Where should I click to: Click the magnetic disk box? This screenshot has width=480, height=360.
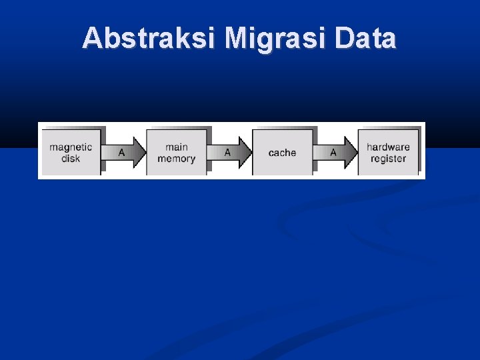(x=71, y=153)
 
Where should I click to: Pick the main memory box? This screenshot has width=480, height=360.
(x=176, y=153)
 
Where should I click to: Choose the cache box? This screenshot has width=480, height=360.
(x=282, y=153)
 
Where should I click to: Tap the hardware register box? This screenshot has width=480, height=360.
(x=388, y=153)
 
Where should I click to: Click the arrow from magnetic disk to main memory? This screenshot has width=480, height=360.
(x=125, y=153)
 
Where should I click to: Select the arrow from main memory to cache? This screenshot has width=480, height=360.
(x=230, y=153)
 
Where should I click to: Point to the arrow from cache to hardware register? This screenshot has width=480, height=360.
(x=336, y=153)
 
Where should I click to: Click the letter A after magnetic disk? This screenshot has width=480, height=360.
(x=121, y=153)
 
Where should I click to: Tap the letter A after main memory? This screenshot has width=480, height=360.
(x=227, y=153)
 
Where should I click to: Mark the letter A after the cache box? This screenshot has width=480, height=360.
(x=333, y=153)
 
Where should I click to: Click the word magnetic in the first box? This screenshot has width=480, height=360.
(x=71, y=147)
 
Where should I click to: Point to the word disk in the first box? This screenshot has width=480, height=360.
(x=71, y=159)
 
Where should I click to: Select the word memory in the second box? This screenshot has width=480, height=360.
(x=176, y=159)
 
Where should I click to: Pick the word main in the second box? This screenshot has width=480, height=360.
(x=176, y=147)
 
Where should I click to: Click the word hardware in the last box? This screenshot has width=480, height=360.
(x=388, y=147)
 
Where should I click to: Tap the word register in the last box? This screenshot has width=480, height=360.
(x=388, y=159)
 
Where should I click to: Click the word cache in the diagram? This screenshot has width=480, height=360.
(x=282, y=153)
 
